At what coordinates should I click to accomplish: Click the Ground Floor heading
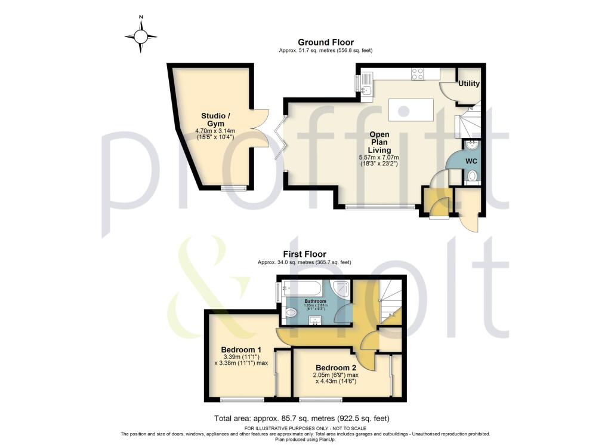[326, 42]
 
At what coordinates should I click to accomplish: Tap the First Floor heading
[304, 254]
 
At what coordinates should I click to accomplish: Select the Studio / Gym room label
[213, 119]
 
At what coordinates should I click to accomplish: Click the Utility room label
[469, 84]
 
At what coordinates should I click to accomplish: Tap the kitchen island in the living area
[411, 109]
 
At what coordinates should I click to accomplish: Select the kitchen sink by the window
[366, 90]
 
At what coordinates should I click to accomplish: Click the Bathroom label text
[316, 300]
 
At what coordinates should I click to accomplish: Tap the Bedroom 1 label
[241, 350]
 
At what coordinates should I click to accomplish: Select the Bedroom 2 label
[336, 367]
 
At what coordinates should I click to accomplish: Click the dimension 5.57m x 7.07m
[378, 157]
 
